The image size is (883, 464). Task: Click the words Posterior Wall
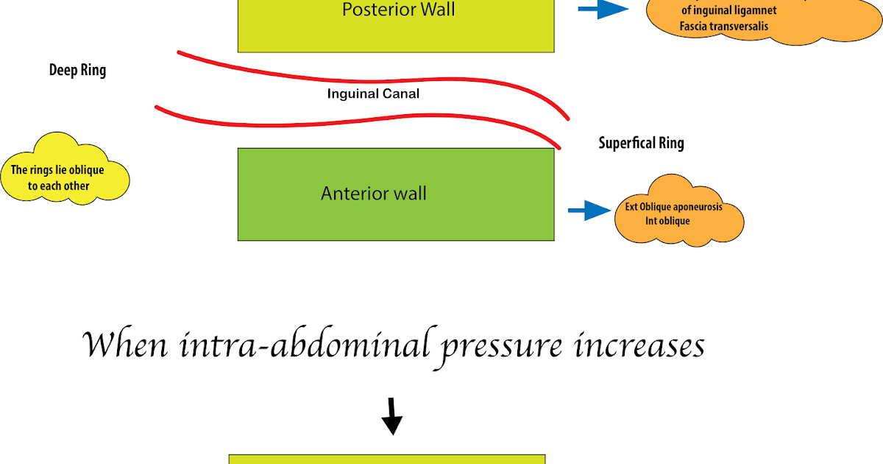coord(398,10)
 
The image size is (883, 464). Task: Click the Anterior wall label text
coord(374,194)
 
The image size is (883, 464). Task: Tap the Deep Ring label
coord(77,71)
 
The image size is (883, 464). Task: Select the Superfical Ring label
coord(641,143)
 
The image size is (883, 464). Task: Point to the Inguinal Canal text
coord(373,94)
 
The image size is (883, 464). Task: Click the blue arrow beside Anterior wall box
coord(589,212)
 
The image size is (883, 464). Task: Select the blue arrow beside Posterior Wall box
coord(603,9)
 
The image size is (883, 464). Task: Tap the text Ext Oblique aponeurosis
coord(673,207)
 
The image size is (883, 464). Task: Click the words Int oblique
coord(667,220)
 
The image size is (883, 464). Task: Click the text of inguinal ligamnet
coord(729,10)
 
